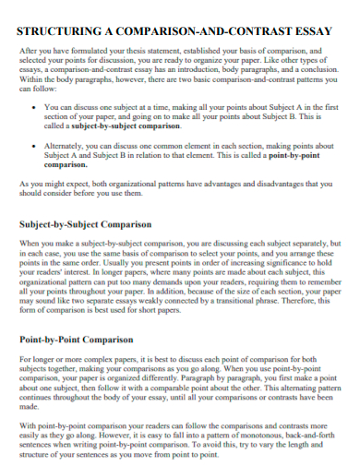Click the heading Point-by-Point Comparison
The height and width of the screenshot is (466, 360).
78,339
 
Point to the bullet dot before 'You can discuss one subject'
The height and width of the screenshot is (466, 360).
34,108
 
